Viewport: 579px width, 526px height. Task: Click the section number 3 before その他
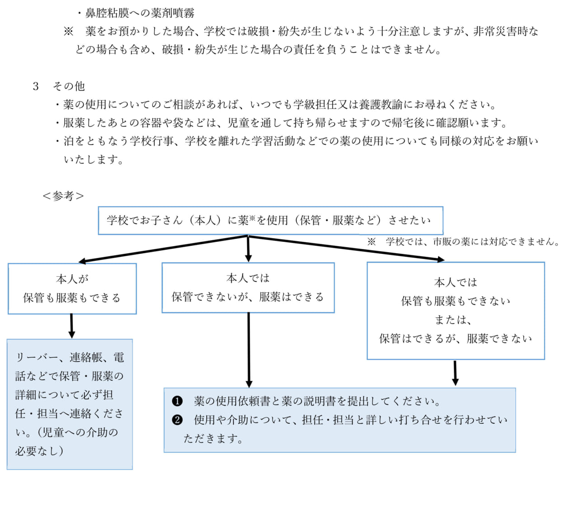pyautogui.click(x=36, y=86)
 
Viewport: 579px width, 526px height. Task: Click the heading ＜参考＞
pyautogui.click(x=63, y=196)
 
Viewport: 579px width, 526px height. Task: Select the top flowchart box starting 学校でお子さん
pyautogui.click(x=271, y=221)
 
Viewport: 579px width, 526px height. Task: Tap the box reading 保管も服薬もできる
pyautogui.click(x=72, y=289)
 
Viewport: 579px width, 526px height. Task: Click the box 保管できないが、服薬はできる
pyautogui.click(x=248, y=288)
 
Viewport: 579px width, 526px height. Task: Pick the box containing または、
pyautogui.click(x=456, y=311)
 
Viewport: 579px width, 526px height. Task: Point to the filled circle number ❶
pyautogui.click(x=177, y=401)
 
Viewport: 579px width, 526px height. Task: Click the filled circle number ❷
pyautogui.click(x=177, y=420)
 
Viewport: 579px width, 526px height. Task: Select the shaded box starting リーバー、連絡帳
pyautogui.click(x=70, y=404)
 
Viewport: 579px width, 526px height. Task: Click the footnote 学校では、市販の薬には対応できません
pyautogui.click(x=472, y=242)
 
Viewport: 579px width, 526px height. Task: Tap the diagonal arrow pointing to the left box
pyautogui.click(x=163, y=249)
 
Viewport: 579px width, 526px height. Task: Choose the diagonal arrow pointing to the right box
pyautogui.click(x=346, y=248)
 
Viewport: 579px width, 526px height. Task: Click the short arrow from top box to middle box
pyautogui.click(x=248, y=249)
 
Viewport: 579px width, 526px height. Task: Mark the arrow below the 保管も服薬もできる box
pyautogui.click(x=71, y=326)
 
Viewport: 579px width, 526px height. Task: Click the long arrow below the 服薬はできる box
pyautogui.click(x=249, y=350)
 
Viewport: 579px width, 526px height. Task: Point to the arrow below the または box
pyautogui.click(x=455, y=373)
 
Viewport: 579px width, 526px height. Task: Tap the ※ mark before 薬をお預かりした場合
pyautogui.click(x=68, y=31)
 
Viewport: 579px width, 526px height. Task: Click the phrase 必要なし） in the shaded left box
pyautogui.click(x=39, y=450)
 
